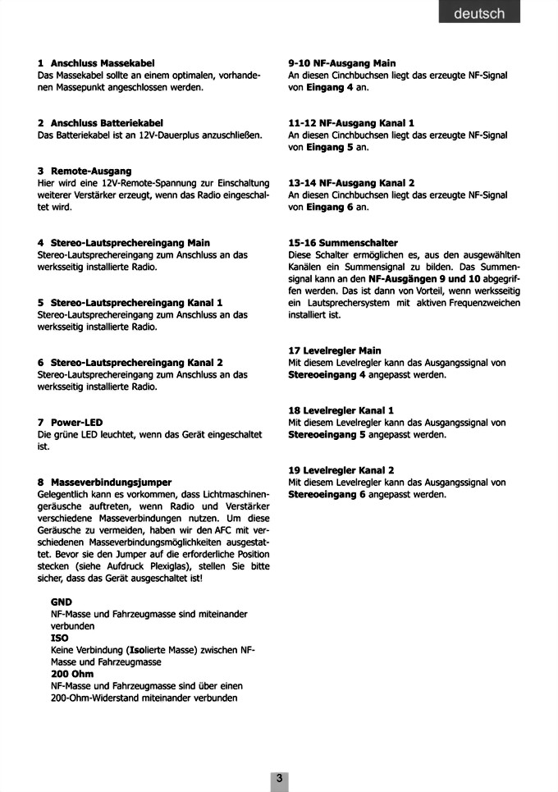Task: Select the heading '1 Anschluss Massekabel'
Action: pyautogui.click(x=96, y=62)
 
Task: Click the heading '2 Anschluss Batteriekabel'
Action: pyautogui.click(x=100, y=122)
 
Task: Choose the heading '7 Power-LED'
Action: pyautogui.click(x=70, y=423)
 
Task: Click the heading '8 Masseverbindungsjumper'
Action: pyautogui.click(x=104, y=483)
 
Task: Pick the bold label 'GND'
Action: pyautogui.click(x=62, y=602)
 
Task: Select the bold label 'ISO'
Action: pyautogui.click(x=59, y=638)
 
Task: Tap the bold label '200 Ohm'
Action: pyautogui.click(x=72, y=674)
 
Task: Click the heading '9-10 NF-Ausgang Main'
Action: pyautogui.click(x=342, y=62)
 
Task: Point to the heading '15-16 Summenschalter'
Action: pyautogui.click(x=343, y=243)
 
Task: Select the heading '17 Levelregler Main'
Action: pyautogui.click(x=335, y=350)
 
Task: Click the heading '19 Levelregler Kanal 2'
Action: pyautogui.click(x=341, y=470)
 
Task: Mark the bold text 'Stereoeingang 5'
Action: pyautogui.click(x=327, y=435)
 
